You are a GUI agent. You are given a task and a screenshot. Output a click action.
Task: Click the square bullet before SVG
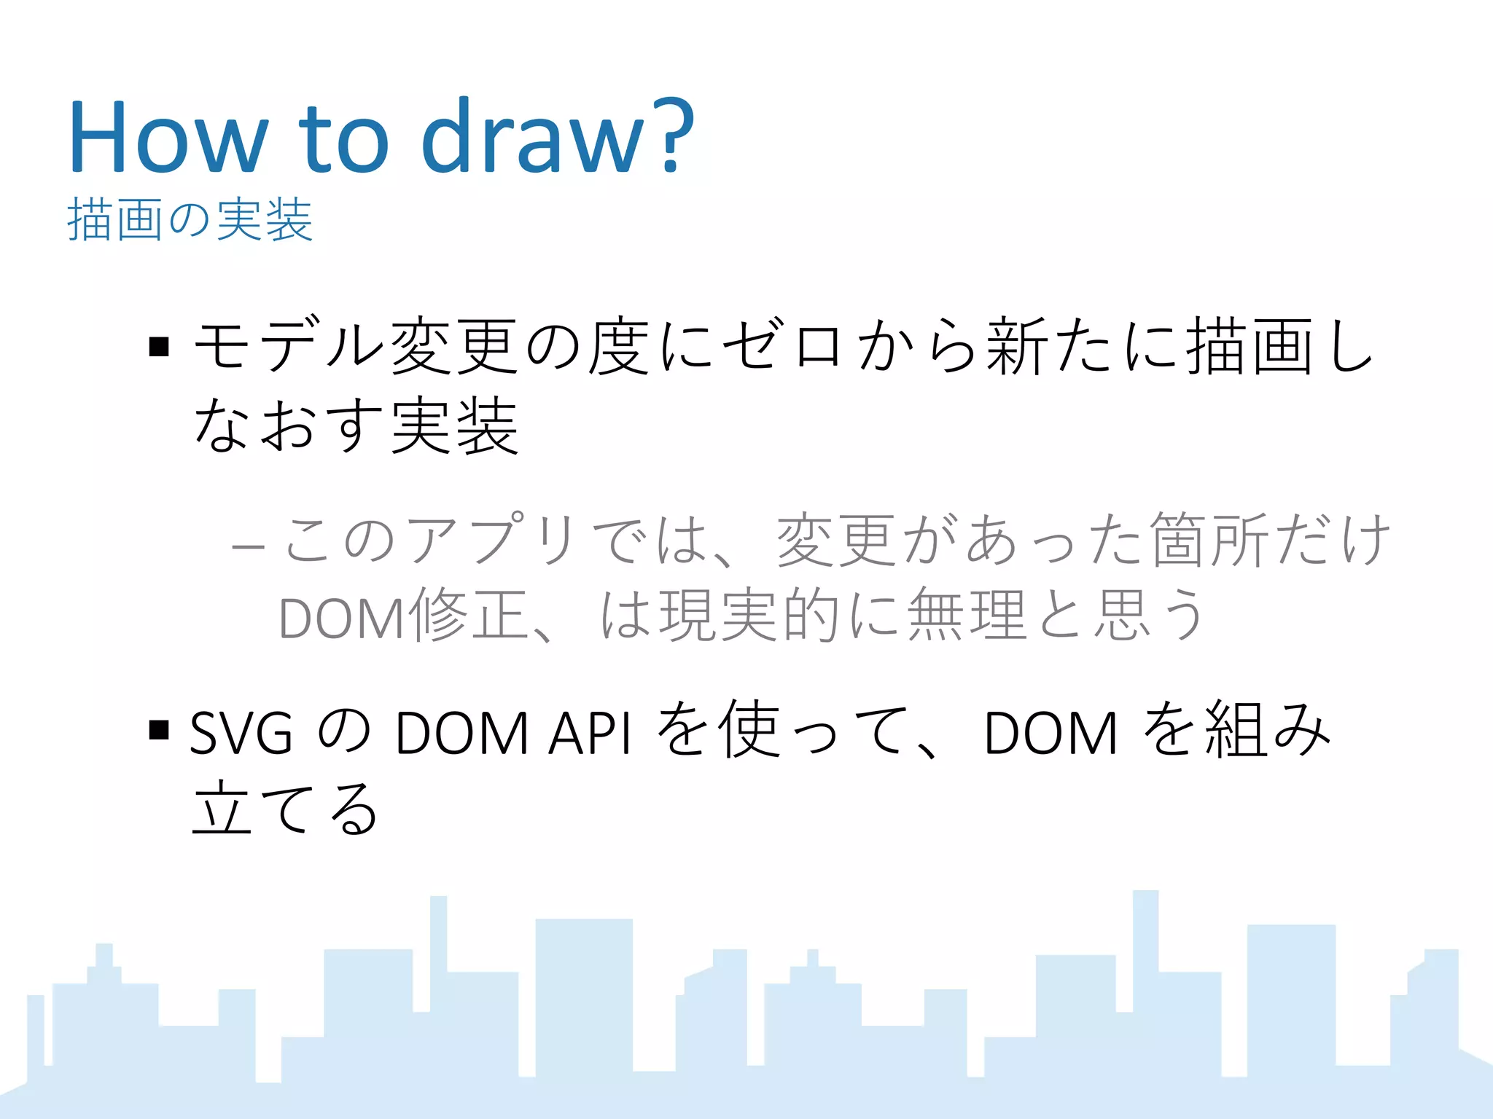[x=159, y=729]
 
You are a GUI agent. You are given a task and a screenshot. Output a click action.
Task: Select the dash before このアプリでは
[x=248, y=545]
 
